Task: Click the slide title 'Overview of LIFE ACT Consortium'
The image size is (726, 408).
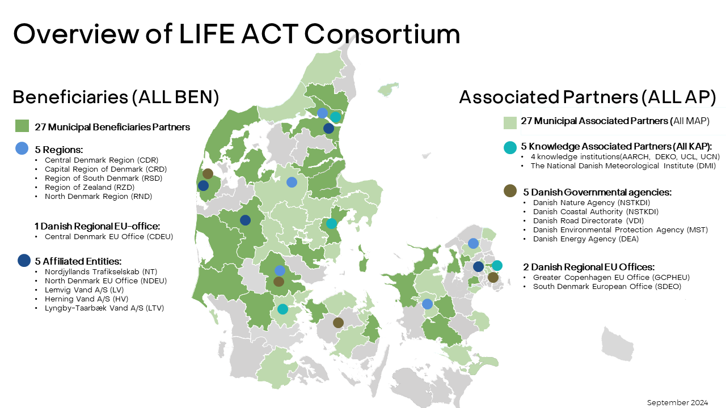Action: pyautogui.click(x=237, y=33)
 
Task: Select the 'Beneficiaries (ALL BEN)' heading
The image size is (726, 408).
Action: pyautogui.click(x=116, y=97)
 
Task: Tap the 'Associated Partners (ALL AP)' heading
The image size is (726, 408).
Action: pyautogui.click(x=587, y=97)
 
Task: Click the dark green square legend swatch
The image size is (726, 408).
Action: pyautogui.click(x=22, y=126)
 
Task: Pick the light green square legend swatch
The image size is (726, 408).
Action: pyautogui.click(x=510, y=123)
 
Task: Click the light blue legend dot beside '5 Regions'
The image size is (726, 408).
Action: pyautogui.click(x=22, y=148)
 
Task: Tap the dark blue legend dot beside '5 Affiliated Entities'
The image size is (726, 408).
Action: pyautogui.click(x=24, y=260)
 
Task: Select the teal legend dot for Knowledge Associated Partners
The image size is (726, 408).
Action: pyautogui.click(x=510, y=148)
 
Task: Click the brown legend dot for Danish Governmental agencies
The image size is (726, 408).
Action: pyautogui.click(x=510, y=191)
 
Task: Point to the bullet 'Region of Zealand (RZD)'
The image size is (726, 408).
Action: pyautogui.click(x=90, y=187)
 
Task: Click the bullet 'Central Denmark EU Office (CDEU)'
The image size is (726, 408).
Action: pyautogui.click(x=109, y=237)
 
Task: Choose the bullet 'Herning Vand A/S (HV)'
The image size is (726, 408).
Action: pyautogui.click(x=87, y=299)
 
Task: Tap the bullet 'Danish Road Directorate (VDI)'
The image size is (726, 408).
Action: pyautogui.click(x=588, y=221)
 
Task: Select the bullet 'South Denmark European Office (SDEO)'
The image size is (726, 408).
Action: pyautogui.click(x=607, y=287)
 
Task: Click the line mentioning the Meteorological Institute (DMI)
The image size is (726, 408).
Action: pyautogui.click(x=623, y=166)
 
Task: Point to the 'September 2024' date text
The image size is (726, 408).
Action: pyautogui.click(x=677, y=402)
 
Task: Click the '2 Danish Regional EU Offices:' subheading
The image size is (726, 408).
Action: pyautogui.click(x=589, y=267)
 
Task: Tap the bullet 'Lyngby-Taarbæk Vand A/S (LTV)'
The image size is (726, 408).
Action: pyautogui.click(x=104, y=308)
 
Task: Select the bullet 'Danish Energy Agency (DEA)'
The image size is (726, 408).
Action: pyautogui.click(x=586, y=239)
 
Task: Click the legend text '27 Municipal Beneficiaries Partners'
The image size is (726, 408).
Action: pyautogui.click(x=112, y=127)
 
